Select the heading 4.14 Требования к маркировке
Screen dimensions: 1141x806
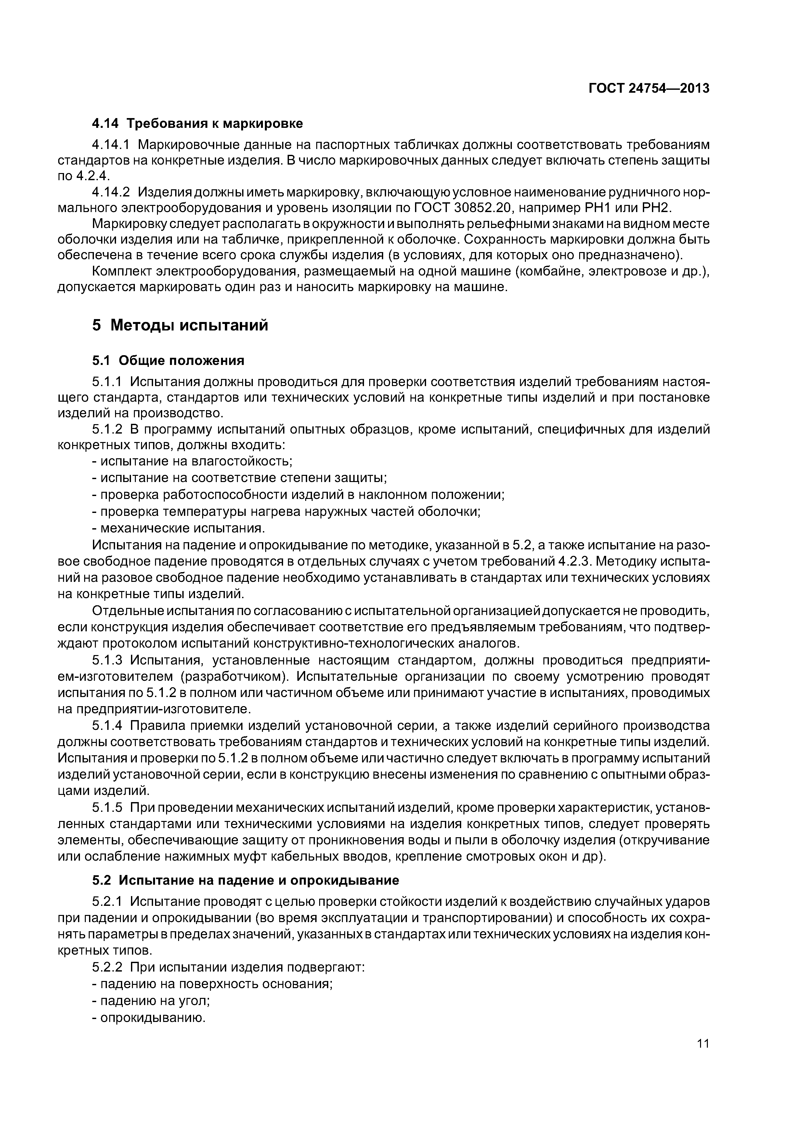197,123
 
